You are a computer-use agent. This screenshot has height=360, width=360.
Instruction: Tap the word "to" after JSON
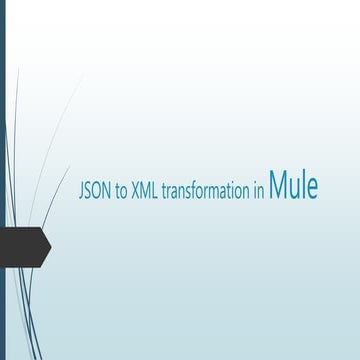122,190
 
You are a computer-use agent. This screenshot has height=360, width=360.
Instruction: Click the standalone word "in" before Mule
258,189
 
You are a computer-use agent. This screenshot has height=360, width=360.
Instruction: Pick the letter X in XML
135,189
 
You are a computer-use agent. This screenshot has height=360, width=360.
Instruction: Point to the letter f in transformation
194,189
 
